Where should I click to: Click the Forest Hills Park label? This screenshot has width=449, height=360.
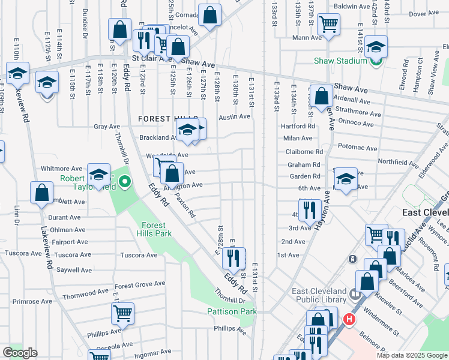click(153, 229)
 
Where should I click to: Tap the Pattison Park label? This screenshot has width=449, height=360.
click(232, 311)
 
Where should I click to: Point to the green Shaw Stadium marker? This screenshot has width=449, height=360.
click(376, 61)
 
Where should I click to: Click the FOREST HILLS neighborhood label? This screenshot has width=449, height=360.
click(163, 119)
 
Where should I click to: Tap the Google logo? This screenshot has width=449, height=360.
click(20, 352)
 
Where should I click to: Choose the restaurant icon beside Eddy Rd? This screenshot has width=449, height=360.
click(232, 258)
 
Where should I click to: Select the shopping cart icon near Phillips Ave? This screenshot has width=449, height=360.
click(122, 313)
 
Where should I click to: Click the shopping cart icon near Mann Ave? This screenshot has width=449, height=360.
click(328, 25)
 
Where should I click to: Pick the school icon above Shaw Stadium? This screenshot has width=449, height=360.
click(376, 46)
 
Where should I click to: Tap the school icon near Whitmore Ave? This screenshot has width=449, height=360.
click(98, 175)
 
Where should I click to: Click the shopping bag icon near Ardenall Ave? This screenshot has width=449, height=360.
click(322, 96)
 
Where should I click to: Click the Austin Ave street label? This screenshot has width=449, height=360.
click(234, 117)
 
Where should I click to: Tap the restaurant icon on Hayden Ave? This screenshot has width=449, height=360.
click(309, 210)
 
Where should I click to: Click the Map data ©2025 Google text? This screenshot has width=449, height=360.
click(411, 355)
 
